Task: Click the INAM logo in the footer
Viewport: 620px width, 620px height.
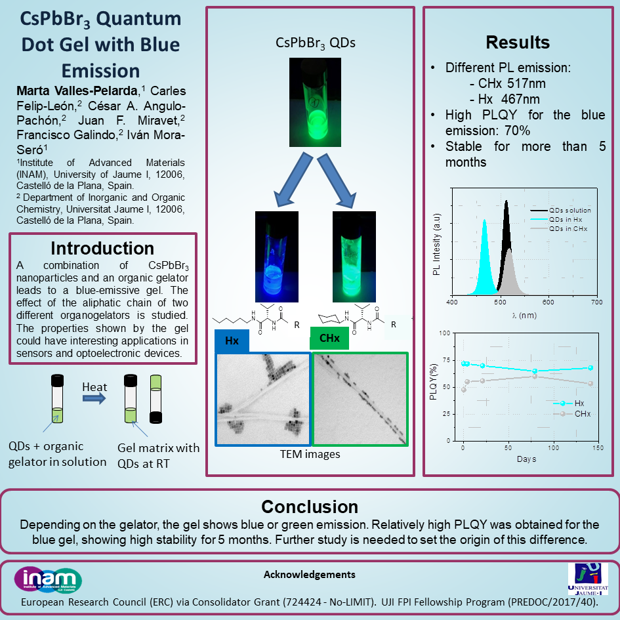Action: [x=48, y=580]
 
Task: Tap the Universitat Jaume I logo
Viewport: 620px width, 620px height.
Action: [x=588, y=579]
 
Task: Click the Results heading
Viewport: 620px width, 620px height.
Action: [x=518, y=42]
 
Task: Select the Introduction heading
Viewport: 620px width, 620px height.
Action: [x=102, y=248]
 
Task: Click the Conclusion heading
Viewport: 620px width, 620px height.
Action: [x=310, y=506]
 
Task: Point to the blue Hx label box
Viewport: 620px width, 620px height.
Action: [x=232, y=341]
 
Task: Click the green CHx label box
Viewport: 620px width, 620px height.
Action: [x=329, y=338]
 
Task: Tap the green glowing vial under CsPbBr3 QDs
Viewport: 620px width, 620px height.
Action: [x=315, y=102]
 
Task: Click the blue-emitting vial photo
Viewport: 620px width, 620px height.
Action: [x=277, y=257]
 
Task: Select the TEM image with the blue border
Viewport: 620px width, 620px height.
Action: [x=263, y=400]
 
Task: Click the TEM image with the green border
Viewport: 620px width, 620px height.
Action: [x=360, y=400]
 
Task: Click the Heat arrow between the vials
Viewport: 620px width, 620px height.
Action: [x=94, y=398]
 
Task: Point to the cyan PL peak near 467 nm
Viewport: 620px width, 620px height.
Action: [x=484, y=257]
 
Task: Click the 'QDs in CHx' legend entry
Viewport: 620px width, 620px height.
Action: [x=559, y=228]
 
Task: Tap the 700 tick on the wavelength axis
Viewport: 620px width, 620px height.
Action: [x=596, y=302]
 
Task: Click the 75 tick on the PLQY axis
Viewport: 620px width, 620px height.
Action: [x=446, y=360]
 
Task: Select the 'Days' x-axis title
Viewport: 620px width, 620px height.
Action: [x=526, y=459]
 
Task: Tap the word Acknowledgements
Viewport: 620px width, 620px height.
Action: [x=310, y=575]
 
